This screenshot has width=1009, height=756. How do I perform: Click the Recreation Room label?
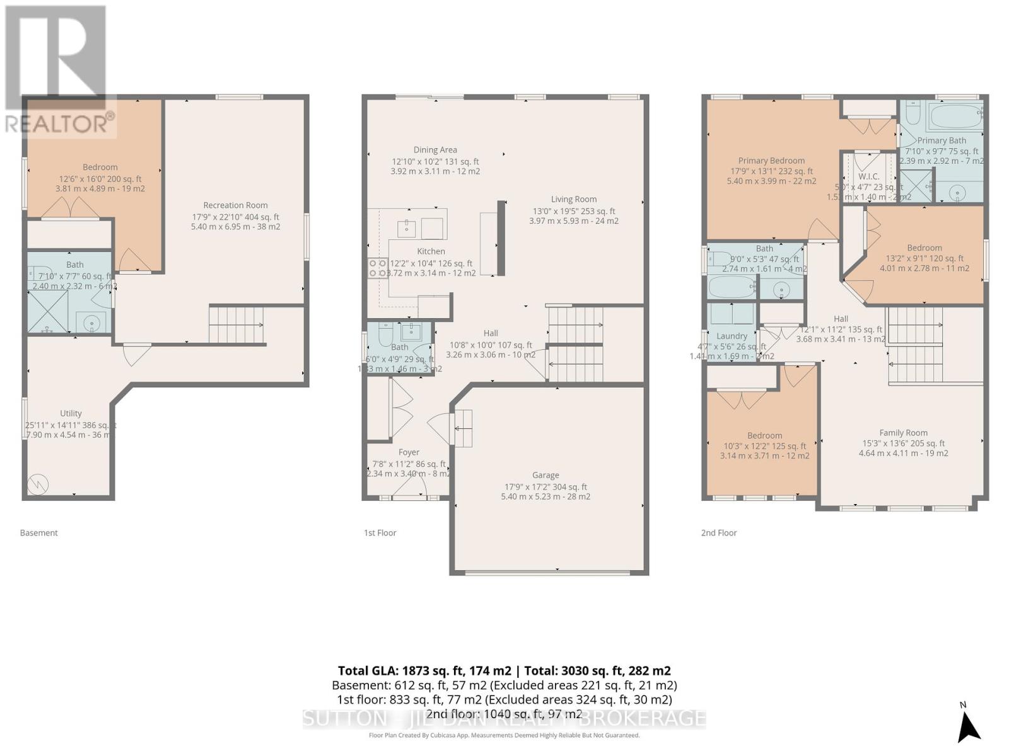click(x=235, y=205)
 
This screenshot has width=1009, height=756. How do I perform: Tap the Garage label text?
click(x=545, y=476)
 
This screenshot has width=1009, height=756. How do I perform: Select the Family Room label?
click(x=903, y=433)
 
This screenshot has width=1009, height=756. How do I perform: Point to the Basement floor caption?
click(x=38, y=533)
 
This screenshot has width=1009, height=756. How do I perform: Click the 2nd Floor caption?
click(x=718, y=533)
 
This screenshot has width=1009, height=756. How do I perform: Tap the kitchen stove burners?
click(x=378, y=268)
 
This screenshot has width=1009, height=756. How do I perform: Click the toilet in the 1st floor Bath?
click(x=385, y=335)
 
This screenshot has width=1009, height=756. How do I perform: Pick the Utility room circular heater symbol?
click(x=38, y=484)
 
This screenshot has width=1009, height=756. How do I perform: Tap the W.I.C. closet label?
click(x=868, y=177)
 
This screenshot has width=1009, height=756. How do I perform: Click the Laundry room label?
click(x=732, y=336)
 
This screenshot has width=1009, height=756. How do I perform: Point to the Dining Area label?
click(x=435, y=150)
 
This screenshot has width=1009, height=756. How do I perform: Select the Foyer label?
click(x=409, y=452)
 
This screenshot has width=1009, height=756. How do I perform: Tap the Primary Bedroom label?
click(x=771, y=161)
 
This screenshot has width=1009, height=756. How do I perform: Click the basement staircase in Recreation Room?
click(x=236, y=324)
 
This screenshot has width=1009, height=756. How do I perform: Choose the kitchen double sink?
click(x=419, y=227)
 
